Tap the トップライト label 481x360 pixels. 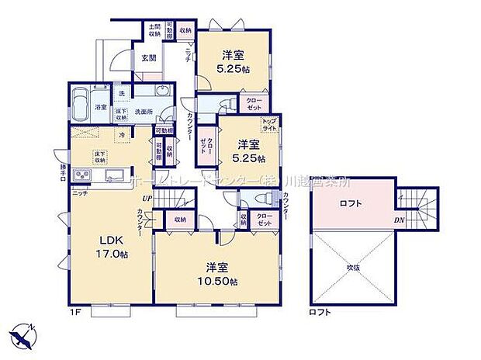click(x=268, y=125)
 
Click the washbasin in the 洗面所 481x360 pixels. click(x=161, y=92)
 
